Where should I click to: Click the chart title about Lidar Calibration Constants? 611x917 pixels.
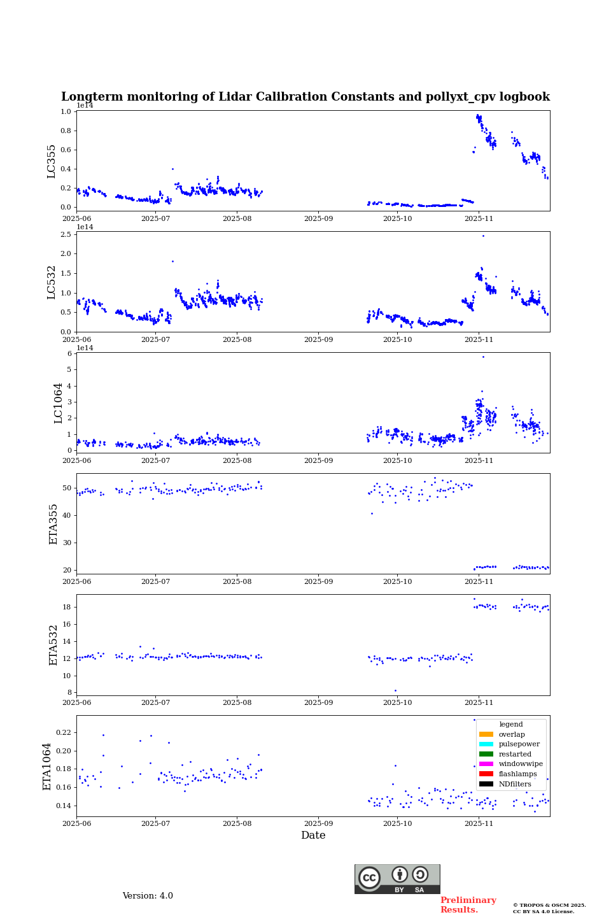(x=305, y=97)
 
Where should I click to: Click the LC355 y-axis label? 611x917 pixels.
(x=52, y=161)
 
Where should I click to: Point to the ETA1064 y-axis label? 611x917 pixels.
(x=47, y=766)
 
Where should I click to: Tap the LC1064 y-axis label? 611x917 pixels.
(x=59, y=403)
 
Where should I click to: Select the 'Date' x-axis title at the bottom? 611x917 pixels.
(x=313, y=835)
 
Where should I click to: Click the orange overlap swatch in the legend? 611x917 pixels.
(x=486, y=734)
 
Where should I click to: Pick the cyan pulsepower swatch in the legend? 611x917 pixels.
(x=486, y=744)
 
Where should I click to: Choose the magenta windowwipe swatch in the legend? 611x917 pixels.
(x=486, y=764)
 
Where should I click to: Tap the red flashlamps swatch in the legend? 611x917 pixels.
(x=486, y=774)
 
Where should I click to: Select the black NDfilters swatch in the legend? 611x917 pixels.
(x=486, y=784)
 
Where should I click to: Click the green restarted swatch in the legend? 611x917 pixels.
(x=486, y=754)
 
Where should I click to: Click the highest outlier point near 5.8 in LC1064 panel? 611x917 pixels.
(x=483, y=357)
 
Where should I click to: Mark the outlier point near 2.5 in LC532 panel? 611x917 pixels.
(x=483, y=236)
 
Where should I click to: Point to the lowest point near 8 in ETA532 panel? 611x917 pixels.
(x=395, y=690)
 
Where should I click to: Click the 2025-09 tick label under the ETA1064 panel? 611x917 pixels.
(x=318, y=824)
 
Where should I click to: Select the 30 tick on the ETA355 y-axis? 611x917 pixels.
(x=67, y=543)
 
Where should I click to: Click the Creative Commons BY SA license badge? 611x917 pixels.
(x=397, y=879)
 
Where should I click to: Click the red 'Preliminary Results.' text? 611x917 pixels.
(x=468, y=905)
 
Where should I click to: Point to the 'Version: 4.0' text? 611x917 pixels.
(x=148, y=896)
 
